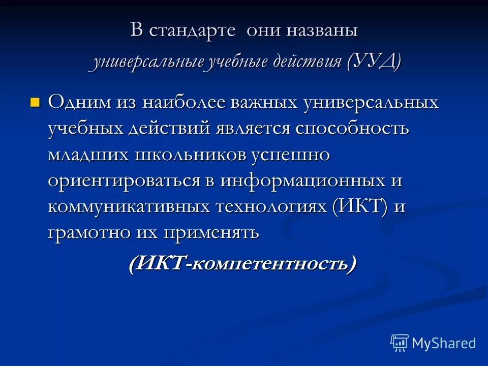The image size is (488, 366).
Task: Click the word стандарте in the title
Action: point(192,30)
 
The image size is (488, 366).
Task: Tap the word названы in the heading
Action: point(321,30)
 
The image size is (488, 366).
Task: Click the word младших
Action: point(87,155)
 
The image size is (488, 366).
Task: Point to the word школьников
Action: point(189,155)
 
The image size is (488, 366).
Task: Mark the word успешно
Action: point(290,155)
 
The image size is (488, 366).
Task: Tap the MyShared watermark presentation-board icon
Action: point(399,343)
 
